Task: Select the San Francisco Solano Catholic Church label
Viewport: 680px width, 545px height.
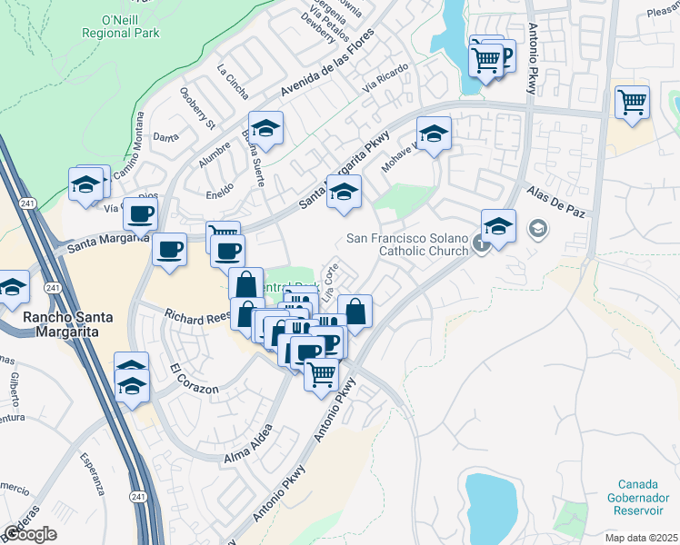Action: (x=408, y=245)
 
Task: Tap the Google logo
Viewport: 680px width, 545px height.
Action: (x=30, y=534)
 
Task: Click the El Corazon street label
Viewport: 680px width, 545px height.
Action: (x=194, y=379)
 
